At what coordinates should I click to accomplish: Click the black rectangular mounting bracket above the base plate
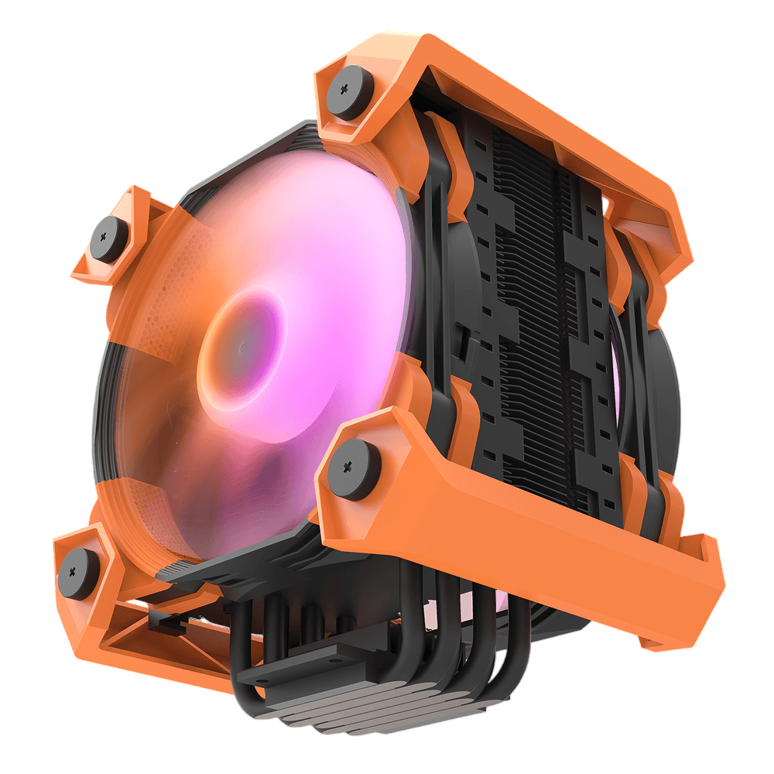(x=310, y=666)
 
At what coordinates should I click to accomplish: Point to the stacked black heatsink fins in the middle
(x=534, y=310)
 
